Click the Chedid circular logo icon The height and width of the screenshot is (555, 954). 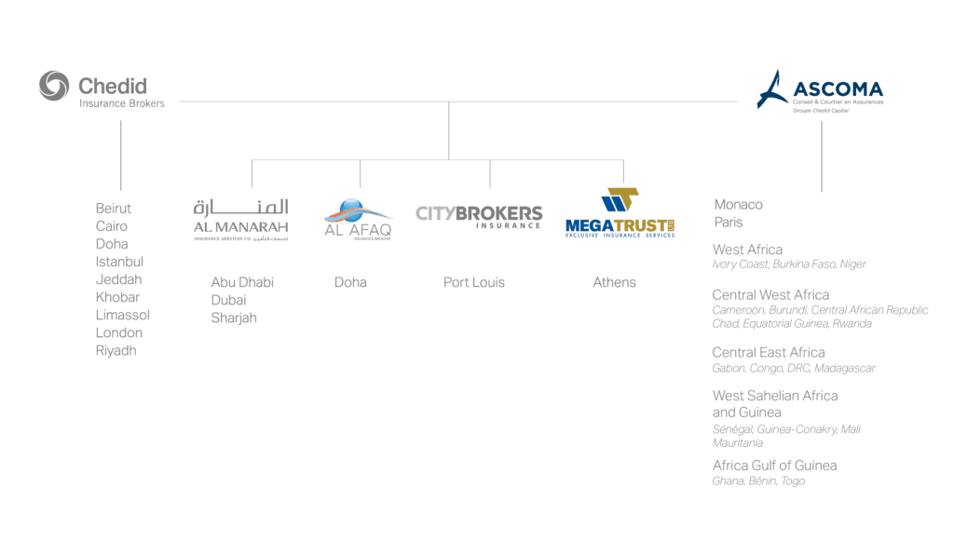point(54,86)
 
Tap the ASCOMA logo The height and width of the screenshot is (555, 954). point(820,91)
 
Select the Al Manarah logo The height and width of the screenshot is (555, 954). point(241,220)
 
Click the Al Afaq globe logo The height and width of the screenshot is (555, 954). point(358,220)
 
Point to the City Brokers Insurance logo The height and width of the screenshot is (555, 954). point(479,217)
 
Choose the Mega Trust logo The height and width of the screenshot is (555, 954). point(620,214)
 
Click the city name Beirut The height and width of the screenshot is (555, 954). point(114,209)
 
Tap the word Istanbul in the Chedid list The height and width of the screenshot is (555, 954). point(119,262)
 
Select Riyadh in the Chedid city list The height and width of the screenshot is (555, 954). point(116,351)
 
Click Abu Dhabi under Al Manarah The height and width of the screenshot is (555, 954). point(242,282)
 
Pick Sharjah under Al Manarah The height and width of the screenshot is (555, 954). point(234,318)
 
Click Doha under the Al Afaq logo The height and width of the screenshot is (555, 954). point(350,282)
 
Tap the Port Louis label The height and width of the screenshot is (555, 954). point(473,282)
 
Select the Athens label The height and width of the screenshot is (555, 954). point(614,282)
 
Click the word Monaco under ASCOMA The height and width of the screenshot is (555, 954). point(738,205)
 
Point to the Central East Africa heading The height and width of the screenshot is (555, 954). point(769,352)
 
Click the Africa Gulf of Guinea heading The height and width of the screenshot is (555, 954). point(774,466)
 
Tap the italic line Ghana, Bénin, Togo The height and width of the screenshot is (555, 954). point(758,481)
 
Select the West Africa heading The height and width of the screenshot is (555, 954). point(747,250)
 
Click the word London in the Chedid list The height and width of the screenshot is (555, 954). point(119,332)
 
